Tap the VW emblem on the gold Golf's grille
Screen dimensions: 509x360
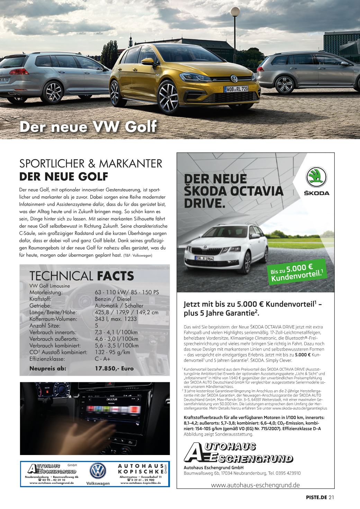click(234, 78)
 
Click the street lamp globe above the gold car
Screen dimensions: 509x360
click(235, 12)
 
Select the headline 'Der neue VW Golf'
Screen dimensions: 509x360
click(88, 127)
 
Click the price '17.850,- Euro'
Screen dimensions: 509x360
click(114, 369)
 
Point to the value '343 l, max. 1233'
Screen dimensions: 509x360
click(116, 319)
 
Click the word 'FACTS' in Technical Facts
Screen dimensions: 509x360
click(115, 276)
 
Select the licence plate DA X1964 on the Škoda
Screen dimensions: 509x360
click(204, 258)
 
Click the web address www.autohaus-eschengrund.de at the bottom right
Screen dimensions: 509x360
click(255, 485)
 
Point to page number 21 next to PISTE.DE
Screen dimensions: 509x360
click(331, 498)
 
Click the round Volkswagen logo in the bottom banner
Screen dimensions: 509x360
click(98, 471)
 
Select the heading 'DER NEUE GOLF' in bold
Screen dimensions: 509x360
click(64, 176)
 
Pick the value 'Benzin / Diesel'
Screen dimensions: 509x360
click(113, 299)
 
